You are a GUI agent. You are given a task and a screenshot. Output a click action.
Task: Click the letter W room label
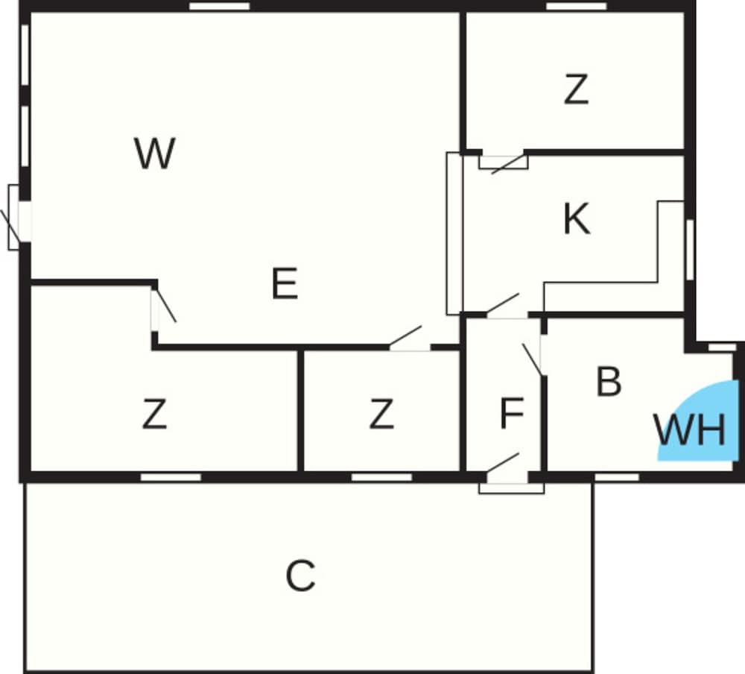[155, 153]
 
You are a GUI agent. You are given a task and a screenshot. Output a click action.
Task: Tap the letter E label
[285, 283]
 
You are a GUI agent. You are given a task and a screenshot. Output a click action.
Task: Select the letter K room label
[577, 218]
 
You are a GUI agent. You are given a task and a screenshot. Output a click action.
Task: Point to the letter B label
[609, 381]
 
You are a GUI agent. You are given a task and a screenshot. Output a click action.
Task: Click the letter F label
[512, 413]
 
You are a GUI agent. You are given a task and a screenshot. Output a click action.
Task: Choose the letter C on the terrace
[300, 576]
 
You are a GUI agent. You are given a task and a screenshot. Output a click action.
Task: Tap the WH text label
[689, 430]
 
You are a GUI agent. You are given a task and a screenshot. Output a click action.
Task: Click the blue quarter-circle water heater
[703, 418]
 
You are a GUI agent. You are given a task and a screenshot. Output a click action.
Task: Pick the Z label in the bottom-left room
[154, 414]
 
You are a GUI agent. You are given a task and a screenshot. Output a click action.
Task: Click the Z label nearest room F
[381, 414]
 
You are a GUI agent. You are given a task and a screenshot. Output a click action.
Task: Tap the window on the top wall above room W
[220, 6]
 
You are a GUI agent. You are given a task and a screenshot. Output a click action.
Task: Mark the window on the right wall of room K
[690, 250]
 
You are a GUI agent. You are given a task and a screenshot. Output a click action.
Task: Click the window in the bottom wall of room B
[617, 477]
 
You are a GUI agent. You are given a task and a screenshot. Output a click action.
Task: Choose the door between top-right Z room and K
[504, 162]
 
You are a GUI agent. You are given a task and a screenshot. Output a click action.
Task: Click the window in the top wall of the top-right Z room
[577, 6]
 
